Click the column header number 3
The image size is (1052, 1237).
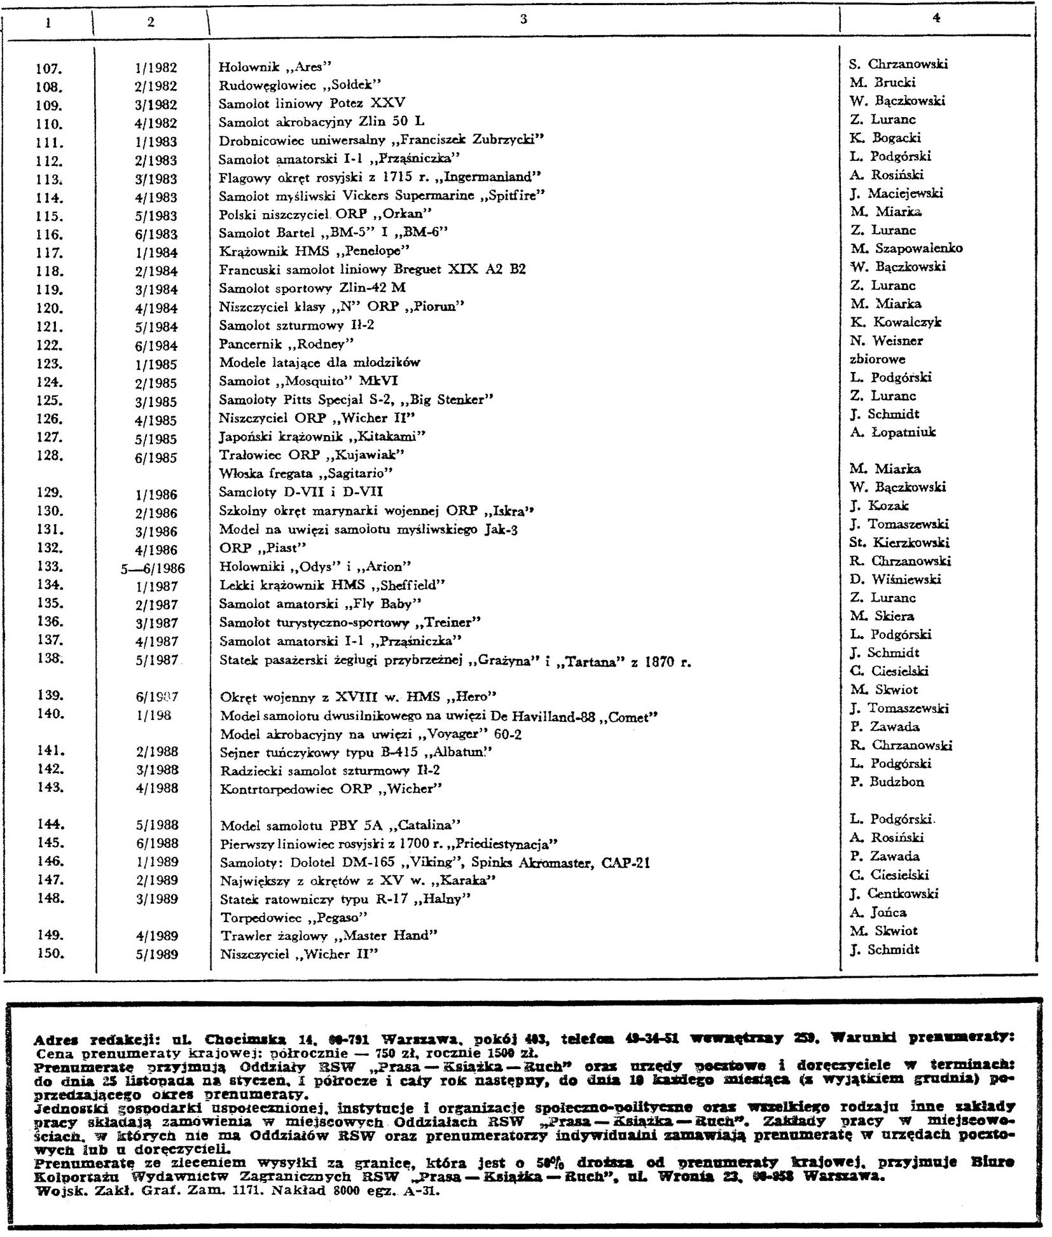[523, 19]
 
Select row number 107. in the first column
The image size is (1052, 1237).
[48, 68]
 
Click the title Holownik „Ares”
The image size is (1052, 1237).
[275, 67]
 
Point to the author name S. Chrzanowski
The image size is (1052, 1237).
[898, 64]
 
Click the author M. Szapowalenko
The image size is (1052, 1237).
[906, 249]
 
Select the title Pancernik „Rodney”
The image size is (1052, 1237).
[286, 344]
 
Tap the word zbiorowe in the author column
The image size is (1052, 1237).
[877, 359]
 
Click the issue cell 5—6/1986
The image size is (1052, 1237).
[153, 569]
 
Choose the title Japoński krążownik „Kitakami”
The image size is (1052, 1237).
[322, 436]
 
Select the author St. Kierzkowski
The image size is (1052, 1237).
[899, 543]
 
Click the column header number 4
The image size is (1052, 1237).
[936, 18]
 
